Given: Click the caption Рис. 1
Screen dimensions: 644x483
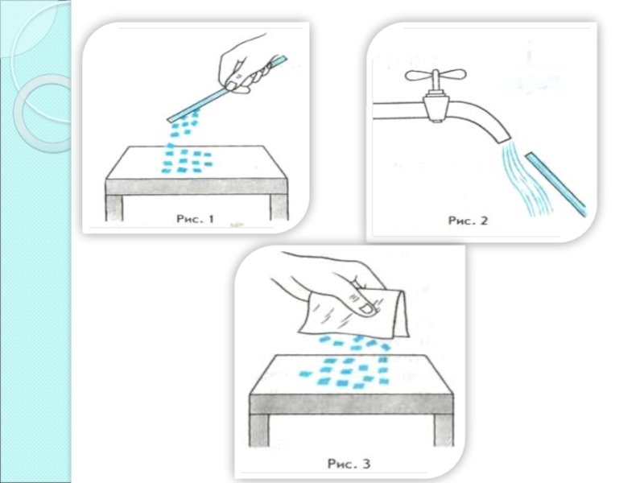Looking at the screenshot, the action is pos(195,219).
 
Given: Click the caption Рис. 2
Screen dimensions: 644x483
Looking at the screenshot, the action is pos(468,221).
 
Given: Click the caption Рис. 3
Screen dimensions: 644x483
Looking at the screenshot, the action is pos(349,464).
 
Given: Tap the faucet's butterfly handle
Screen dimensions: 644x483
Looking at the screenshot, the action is pos(436,76).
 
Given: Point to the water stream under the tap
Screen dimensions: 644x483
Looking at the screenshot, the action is pos(524,179).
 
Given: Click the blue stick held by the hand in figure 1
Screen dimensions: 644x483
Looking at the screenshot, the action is pos(227,89).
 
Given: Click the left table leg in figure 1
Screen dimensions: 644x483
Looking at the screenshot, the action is pos(114,208).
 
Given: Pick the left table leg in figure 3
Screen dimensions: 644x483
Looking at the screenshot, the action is pos(259,431).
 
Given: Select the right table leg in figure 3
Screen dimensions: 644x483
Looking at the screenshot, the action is pos(444,430).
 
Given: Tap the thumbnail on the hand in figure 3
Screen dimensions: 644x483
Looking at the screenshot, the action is pos(365,308).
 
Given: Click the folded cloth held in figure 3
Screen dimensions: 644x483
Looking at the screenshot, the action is pos(354,313).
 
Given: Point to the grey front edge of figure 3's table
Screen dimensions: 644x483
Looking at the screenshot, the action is pos(352,404).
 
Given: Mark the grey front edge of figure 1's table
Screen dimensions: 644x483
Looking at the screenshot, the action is pos(197,187).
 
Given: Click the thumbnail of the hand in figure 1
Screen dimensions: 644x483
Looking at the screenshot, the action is pos(232,85).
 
